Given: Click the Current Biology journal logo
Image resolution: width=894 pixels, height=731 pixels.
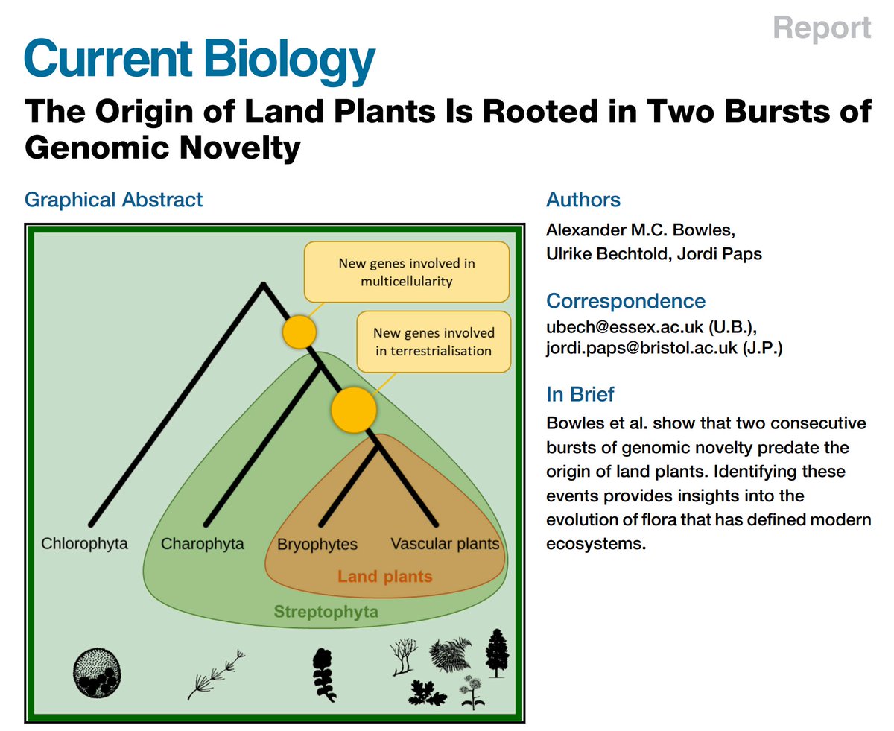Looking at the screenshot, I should pos(199,60).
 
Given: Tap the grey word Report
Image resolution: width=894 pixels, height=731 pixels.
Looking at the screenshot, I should pos(822,28).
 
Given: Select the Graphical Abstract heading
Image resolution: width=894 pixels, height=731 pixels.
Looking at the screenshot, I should pos(113,200).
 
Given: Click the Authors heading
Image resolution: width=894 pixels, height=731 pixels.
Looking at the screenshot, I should pos(583,200).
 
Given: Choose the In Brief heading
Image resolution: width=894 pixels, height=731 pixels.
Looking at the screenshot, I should pos(580,394).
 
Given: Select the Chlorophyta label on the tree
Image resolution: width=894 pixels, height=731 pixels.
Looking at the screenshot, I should pos(84,543).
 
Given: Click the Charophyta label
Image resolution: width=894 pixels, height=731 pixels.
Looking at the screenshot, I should pos(203,543).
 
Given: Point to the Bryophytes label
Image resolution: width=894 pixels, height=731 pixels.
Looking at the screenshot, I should pos(317,544).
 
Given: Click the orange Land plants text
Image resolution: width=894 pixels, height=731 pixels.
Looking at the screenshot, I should pos(384,576).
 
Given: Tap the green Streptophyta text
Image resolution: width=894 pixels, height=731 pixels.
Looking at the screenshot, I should pos(326,613).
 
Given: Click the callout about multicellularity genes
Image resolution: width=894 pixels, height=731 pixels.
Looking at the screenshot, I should pos(406,273).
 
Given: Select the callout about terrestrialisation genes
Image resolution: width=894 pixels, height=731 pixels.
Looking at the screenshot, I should pos(434,341).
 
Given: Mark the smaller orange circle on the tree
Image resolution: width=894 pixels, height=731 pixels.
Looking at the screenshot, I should pos(299,332).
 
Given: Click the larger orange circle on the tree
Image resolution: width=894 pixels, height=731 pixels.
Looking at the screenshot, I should pos(352,409).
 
